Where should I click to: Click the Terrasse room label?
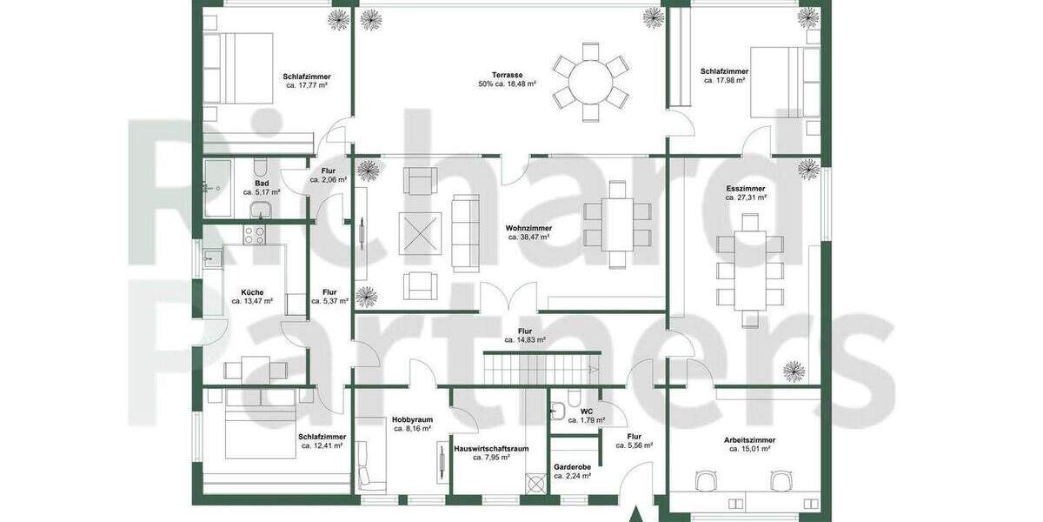click(506, 76)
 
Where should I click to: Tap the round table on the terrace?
click(591, 81)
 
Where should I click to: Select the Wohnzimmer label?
click(529, 228)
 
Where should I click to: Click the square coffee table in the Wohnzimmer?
click(420, 233)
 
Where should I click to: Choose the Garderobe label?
click(572, 466)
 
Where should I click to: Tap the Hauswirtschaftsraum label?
click(491, 449)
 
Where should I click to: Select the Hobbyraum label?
click(412, 419)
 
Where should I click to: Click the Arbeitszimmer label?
click(748, 440)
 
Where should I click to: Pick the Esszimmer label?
click(746, 189)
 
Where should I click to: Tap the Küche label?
click(252, 292)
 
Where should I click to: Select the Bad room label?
click(262, 183)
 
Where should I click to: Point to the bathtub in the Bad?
click(217, 188)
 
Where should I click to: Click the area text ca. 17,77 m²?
click(307, 86)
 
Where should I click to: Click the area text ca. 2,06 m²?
click(329, 180)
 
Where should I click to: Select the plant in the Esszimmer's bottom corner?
click(794, 371)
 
